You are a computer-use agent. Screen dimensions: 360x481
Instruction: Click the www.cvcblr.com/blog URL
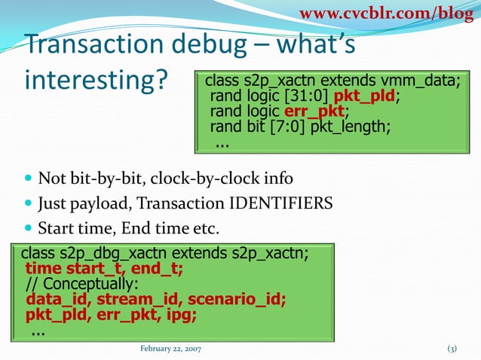[x=388, y=13]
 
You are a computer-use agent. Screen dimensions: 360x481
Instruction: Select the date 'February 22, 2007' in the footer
[x=170, y=349]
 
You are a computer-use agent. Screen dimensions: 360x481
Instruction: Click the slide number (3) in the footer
[x=452, y=349]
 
